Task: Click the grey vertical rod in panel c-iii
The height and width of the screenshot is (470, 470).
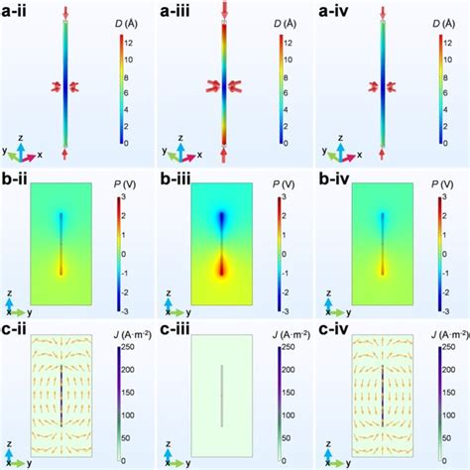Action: (x=223, y=397)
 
